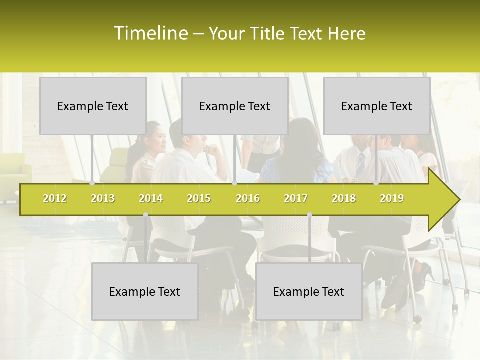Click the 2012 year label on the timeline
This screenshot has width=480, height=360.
tap(55, 198)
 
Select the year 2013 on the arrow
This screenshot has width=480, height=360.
tap(103, 198)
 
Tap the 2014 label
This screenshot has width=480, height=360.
tap(151, 198)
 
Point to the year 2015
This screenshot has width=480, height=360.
tap(199, 198)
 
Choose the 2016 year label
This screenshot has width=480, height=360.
tap(248, 198)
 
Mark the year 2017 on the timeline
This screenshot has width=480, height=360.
tap(296, 198)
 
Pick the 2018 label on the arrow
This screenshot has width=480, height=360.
tap(344, 198)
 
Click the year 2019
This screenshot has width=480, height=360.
tap(392, 198)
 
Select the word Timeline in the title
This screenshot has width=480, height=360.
tap(149, 33)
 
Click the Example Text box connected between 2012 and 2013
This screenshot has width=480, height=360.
tap(93, 106)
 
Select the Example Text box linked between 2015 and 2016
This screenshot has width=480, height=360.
tap(235, 106)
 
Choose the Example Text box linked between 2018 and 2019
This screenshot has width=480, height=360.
tap(377, 106)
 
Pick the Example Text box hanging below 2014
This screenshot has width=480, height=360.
tap(145, 291)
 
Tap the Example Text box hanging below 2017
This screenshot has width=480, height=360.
tap(309, 291)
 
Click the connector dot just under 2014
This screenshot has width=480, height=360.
tap(145, 215)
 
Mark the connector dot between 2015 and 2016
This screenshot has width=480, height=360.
tap(234, 183)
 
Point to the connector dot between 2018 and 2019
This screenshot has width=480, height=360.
tap(376, 183)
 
